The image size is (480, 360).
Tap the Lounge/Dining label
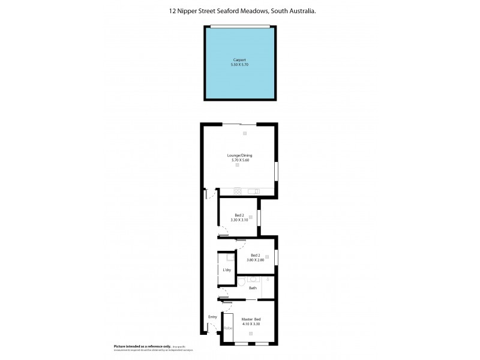click(238, 155)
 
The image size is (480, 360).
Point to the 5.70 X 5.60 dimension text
click(238, 160)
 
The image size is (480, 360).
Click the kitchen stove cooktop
click(238, 191)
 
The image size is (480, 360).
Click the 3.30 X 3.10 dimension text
click(238, 220)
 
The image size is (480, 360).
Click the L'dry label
click(227, 270)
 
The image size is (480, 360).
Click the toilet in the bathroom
click(241, 280)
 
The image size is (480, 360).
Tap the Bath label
click(253, 288)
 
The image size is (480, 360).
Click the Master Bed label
click(250, 320)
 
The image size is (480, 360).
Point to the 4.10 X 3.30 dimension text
click(250, 324)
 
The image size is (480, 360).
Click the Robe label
click(228, 328)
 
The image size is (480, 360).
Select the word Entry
click(212, 317)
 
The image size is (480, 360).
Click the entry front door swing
click(211, 326)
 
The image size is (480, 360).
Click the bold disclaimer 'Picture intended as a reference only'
click(142, 347)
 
